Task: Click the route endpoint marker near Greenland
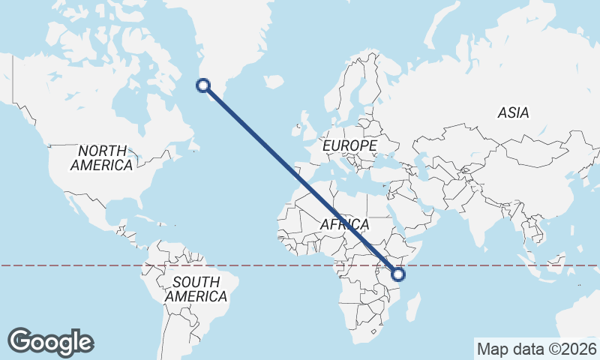[202, 85]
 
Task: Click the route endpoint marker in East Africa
[398, 274]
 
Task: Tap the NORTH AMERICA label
[102, 157]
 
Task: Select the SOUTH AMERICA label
[196, 289]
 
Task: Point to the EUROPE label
[349, 144]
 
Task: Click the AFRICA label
[345, 224]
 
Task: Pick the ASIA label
[513, 112]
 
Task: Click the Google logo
[50, 342]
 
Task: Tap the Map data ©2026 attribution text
[536, 349]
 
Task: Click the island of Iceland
[274, 80]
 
